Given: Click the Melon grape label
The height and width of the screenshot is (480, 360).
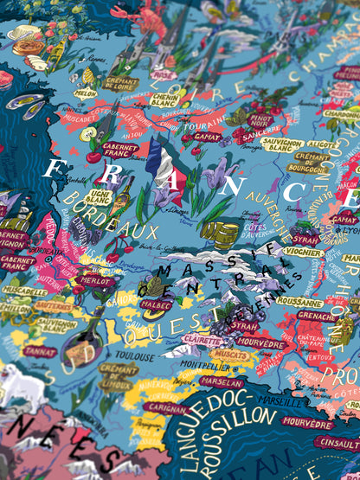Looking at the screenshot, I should (x=86, y=93).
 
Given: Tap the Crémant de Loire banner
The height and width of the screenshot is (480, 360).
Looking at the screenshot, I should (x=120, y=83).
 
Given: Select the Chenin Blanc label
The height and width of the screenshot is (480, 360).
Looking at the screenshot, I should (x=164, y=100).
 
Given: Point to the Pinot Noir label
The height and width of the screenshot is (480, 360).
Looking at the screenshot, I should (x=260, y=121).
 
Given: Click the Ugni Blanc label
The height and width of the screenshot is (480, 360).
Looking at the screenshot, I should (x=97, y=196).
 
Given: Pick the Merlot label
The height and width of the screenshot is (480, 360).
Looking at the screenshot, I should (x=96, y=281).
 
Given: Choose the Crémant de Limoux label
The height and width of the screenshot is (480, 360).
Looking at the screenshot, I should (x=119, y=376).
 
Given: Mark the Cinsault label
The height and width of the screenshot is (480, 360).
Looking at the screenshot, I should (x=338, y=443).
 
